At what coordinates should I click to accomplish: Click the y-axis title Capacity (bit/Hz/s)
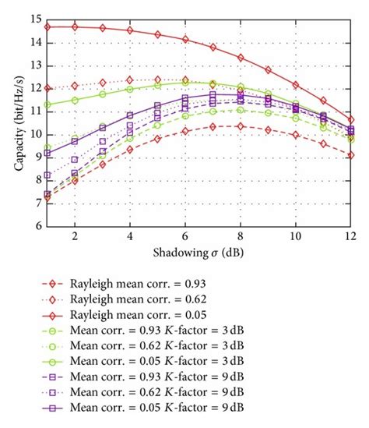tap(12, 121)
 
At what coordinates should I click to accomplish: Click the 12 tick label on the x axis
tap(350, 236)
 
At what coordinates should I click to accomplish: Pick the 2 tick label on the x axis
tap(75, 236)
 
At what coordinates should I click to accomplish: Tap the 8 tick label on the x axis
tap(240, 236)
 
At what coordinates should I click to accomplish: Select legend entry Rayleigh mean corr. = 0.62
tap(146, 300)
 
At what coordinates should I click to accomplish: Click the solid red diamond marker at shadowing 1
tap(47, 27)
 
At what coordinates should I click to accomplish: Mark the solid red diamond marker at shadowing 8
tap(240, 58)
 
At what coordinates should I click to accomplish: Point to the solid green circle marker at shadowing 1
tap(47, 104)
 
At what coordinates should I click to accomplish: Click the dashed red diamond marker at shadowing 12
tap(350, 155)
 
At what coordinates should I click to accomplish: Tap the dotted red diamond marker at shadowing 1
tap(47, 88)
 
